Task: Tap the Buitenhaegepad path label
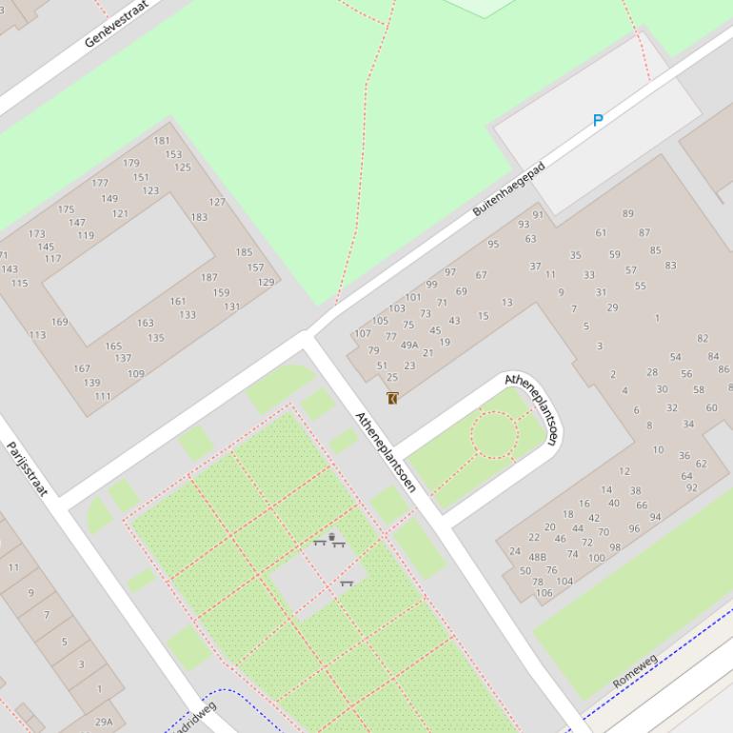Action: [x=509, y=188]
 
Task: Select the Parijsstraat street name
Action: [x=27, y=467]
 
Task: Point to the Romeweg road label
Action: [x=635, y=671]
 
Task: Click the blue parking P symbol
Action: [x=598, y=120]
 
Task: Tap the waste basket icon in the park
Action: [x=331, y=539]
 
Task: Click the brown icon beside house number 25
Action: [x=392, y=397]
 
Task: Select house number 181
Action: [x=162, y=141]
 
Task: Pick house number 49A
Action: [x=409, y=346]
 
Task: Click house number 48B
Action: [x=538, y=558]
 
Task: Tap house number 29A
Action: [x=103, y=722]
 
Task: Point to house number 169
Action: [x=59, y=322]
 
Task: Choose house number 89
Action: [x=627, y=213]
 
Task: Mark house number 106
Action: [x=544, y=592]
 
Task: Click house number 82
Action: [x=703, y=338]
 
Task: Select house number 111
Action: [x=103, y=396]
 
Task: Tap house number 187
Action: [x=208, y=277]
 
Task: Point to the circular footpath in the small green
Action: [x=494, y=434]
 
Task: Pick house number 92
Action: [x=691, y=487]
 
